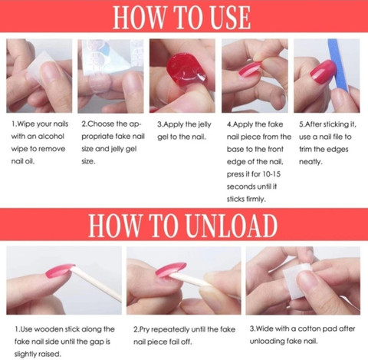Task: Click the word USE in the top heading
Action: pyautogui.click(x=228, y=17)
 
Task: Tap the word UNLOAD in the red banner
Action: pyautogui.click(x=232, y=226)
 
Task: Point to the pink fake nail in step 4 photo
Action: pyautogui.click(x=250, y=69)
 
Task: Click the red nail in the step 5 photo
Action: pyautogui.click(x=323, y=72)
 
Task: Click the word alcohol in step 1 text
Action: pyautogui.click(x=51, y=137)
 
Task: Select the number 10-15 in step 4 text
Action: pyautogui.click(x=271, y=174)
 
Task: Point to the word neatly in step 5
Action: pyautogui.click(x=310, y=162)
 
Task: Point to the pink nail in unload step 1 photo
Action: pyautogui.click(x=59, y=271)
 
